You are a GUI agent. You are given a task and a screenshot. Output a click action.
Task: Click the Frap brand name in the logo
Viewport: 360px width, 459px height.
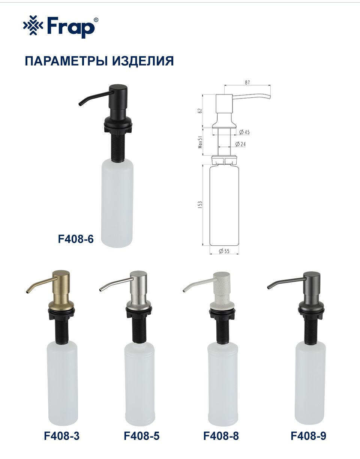coord(71,27)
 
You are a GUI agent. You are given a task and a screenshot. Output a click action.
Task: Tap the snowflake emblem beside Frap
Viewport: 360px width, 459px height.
coord(33,25)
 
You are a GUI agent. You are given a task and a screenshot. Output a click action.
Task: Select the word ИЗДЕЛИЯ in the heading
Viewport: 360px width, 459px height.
coord(143,61)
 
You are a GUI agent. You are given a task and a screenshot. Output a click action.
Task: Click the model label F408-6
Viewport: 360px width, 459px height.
coord(76,239)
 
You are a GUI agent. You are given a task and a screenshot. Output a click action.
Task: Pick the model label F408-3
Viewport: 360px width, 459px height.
coord(62,435)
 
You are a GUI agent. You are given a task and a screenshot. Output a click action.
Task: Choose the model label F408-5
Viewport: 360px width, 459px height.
coord(141,435)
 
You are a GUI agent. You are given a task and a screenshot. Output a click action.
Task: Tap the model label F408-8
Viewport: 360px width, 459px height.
coord(221,435)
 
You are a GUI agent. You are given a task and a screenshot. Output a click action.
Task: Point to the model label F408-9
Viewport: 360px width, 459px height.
coord(308,435)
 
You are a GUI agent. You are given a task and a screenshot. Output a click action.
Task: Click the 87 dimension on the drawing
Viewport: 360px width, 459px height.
coord(247,82)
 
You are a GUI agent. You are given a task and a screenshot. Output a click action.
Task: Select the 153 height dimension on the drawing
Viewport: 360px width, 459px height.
coord(200,205)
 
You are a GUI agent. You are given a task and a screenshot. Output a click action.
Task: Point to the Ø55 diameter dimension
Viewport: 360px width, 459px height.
coord(224,251)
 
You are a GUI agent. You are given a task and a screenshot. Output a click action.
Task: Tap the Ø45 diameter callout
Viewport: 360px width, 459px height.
coord(244,132)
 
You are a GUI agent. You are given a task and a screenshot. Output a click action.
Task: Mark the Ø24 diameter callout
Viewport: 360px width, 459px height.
coord(241,144)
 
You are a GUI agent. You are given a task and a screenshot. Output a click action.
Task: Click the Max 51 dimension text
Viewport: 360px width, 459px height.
coord(200,142)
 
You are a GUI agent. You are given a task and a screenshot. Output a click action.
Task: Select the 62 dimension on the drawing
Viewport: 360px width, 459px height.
coord(200,111)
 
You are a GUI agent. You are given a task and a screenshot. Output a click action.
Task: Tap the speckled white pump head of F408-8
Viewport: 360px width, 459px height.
coord(222,292)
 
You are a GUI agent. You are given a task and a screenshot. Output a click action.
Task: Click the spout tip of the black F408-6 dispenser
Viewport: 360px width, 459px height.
coord(80,104)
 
